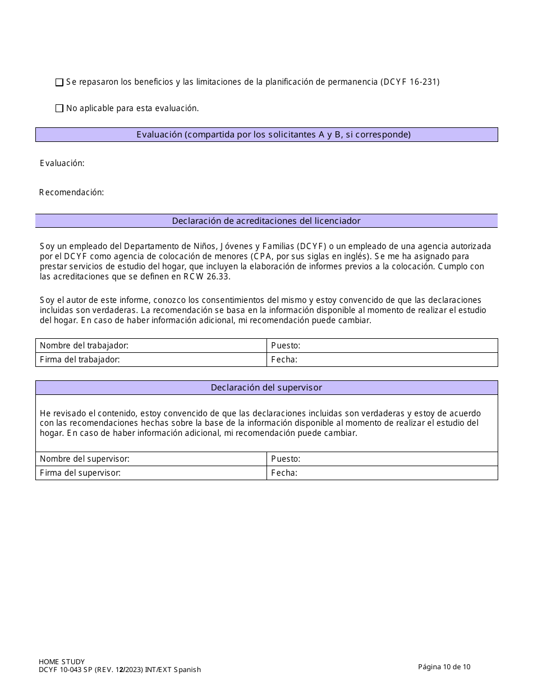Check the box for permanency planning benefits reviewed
tap(59, 82)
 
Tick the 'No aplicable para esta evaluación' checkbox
tap(59, 109)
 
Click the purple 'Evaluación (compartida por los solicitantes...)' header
tap(266, 135)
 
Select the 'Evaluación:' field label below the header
tap(62, 163)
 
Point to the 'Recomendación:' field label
tap(72, 192)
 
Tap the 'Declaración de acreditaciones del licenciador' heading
tap(266, 221)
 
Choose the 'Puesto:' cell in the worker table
tap(382, 346)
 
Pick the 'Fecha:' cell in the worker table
tap(382, 360)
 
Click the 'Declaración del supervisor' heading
tap(266, 388)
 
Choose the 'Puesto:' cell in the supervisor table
tap(382, 459)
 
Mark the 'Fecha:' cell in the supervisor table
tap(382, 473)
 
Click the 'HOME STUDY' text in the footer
tap(62, 662)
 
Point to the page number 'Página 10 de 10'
tap(444, 666)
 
